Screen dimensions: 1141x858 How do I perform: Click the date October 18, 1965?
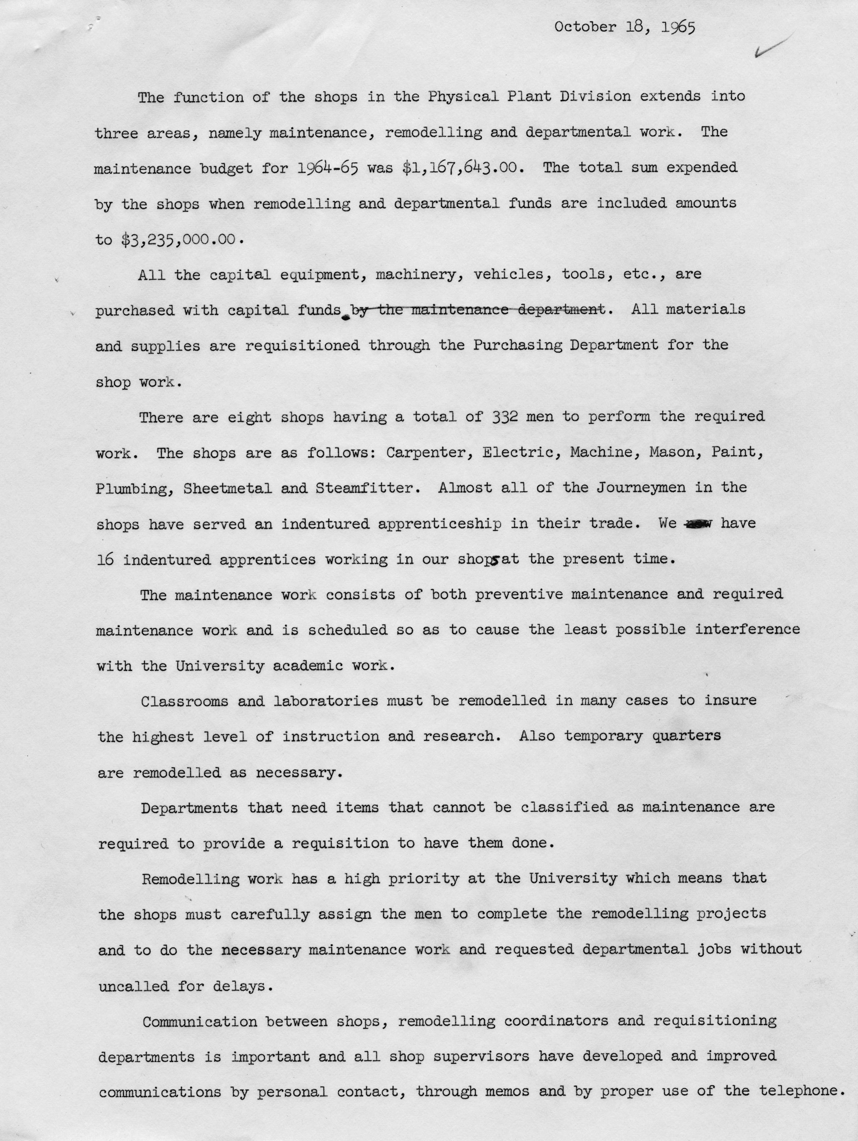[x=625, y=27]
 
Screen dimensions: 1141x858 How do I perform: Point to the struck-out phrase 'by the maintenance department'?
[x=477, y=310]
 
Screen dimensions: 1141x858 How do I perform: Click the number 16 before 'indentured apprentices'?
[x=105, y=560]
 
